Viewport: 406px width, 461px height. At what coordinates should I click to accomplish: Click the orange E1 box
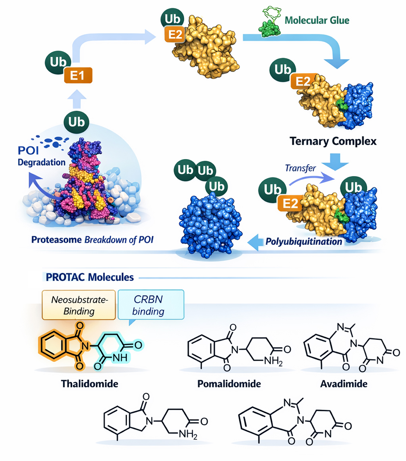[x=78, y=75]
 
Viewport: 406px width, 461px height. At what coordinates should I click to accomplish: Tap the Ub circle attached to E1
[x=58, y=62]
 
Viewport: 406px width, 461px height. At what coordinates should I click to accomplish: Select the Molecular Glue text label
[x=317, y=21]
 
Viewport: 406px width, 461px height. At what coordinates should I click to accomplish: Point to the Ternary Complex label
[x=333, y=141]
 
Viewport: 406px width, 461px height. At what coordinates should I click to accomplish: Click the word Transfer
[x=300, y=168]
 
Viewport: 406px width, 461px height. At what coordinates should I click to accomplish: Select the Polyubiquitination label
[x=304, y=242]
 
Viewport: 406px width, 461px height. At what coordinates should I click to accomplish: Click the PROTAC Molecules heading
[x=90, y=277]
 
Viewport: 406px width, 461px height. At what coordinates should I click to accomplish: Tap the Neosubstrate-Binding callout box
[x=79, y=305]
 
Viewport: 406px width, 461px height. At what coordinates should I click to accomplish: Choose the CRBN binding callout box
[x=151, y=305]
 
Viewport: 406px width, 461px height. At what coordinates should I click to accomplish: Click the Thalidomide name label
[x=90, y=384]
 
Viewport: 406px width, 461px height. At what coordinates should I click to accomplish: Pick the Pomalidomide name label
[x=229, y=384]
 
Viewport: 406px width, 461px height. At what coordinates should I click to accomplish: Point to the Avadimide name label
[x=344, y=384]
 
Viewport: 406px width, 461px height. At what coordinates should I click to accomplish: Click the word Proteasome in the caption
[x=56, y=240]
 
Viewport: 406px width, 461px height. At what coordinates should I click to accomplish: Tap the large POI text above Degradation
[x=28, y=150]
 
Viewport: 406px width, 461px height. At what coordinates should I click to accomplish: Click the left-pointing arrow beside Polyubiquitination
[x=254, y=242]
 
